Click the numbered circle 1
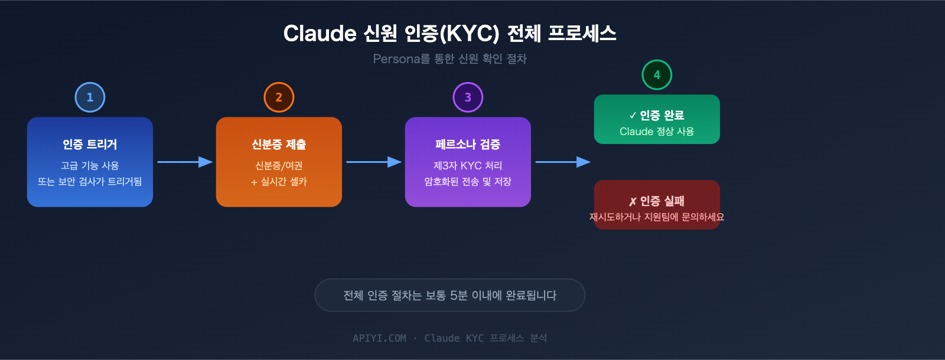90,97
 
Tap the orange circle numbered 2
279,97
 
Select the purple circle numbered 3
468,97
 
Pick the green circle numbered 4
657,75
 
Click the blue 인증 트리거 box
90,162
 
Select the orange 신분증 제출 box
279,162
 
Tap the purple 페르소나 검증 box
468,162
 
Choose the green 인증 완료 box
657,119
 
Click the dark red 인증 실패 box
657,204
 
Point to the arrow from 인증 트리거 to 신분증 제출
184,162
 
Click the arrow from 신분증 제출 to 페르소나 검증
373,162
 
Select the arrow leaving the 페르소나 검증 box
562,162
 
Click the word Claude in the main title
320,34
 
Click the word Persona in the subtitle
396,59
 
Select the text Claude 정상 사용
657,132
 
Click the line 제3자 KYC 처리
468,166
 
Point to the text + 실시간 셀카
279,182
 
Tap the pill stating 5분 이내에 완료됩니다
449,295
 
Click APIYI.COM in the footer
379,338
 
